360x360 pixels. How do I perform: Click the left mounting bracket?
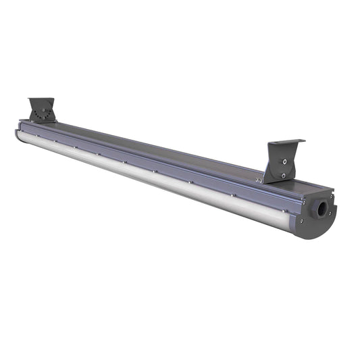tap(42, 111)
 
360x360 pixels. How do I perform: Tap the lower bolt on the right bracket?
tap(283, 175)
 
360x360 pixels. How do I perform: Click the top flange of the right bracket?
tap(286, 143)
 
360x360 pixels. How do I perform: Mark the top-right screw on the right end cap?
tap(330, 192)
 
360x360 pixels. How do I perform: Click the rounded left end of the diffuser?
tap(20, 134)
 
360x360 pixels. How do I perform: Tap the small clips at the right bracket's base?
tap(259, 180)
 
